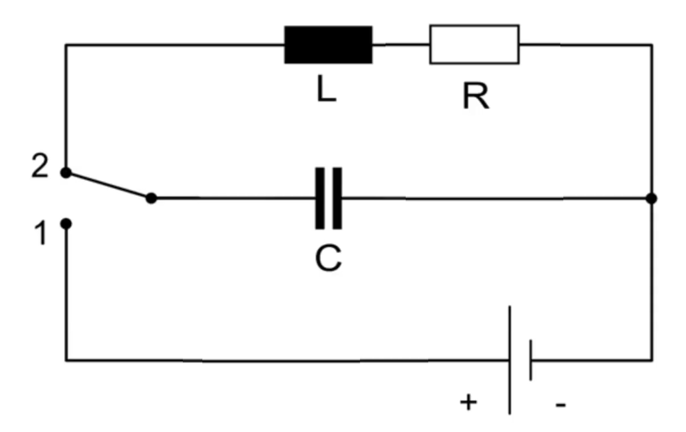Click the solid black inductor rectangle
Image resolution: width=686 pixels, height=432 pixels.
coord(328,45)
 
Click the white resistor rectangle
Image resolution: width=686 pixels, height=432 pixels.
coord(474,44)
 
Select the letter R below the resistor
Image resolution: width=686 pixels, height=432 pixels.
coord(476,96)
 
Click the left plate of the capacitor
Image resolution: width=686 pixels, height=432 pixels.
coord(320,198)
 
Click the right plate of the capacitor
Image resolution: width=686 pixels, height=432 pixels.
coord(337,198)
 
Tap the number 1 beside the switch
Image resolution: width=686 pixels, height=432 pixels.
coord(41,234)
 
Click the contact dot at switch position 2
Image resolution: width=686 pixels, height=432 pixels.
coord(66,173)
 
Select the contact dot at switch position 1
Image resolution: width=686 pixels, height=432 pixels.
coord(66,224)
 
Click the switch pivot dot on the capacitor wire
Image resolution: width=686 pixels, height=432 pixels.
coord(151,198)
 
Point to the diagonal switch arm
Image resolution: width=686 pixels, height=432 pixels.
coord(109,186)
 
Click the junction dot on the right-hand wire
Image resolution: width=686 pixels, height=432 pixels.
coord(651,199)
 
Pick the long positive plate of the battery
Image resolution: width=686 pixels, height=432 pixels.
coord(510,360)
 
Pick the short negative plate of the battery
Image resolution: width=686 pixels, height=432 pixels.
coord(531,360)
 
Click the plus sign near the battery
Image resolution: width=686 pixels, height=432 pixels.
coord(469,402)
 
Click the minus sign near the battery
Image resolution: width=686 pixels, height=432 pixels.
coord(561,405)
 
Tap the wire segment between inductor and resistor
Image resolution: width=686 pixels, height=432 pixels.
coord(401,44)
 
